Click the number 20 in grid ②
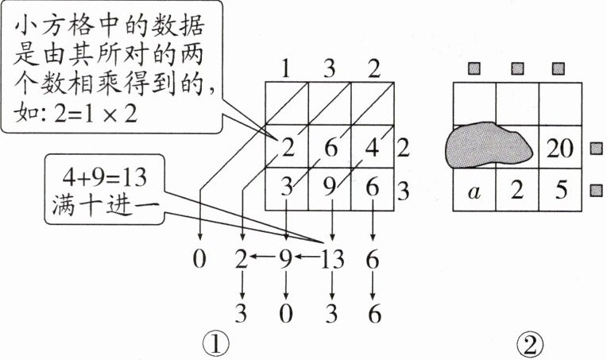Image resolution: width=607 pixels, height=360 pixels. (x=559, y=149)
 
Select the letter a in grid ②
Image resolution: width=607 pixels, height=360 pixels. (x=474, y=192)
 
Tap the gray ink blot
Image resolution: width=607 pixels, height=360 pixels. (x=489, y=145)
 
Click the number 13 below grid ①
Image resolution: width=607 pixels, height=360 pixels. (x=332, y=259)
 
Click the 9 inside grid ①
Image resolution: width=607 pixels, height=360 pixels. (x=330, y=188)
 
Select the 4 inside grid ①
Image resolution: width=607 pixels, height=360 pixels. (x=373, y=147)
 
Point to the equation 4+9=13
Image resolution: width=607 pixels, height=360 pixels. (x=105, y=178)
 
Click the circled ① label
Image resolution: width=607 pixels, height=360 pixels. (x=216, y=344)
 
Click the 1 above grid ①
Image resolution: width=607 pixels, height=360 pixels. (x=286, y=69)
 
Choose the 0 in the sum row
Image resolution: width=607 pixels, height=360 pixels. (x=199, y=259)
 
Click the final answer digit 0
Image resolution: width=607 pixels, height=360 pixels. (x=286, y=313)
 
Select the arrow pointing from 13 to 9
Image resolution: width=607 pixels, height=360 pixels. (x=307, y=257)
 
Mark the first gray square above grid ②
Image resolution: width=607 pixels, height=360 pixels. (x=474, y=69)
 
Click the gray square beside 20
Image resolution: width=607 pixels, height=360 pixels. (x=596, y=149)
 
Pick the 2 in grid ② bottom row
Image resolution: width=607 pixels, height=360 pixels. (x=517, y=190)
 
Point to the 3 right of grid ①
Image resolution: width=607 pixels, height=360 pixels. (x=403, y=191)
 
